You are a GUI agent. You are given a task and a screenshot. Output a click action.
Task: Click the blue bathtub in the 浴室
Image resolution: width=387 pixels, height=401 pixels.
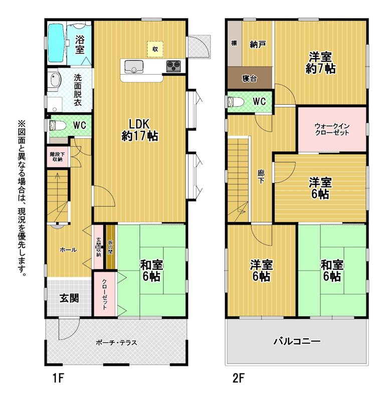(56, 43)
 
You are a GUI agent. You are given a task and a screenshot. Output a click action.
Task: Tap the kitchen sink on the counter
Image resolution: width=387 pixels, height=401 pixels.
(134, 67)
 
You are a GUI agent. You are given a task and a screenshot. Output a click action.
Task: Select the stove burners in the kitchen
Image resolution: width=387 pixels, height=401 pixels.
(173, 66)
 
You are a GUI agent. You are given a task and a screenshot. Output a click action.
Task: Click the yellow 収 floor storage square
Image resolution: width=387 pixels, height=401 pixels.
(155, 49)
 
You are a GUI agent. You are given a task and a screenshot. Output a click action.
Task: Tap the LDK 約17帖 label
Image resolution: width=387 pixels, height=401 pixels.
(139, 130)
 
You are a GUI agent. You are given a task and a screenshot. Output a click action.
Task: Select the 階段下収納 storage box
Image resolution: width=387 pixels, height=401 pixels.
(58, 156)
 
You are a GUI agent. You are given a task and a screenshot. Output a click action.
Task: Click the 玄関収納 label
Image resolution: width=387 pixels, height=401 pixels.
(98, 247)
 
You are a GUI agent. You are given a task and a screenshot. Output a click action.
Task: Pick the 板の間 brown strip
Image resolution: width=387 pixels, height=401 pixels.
(111, 247)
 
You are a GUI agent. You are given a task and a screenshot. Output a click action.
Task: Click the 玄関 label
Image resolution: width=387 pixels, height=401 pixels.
(69, 298)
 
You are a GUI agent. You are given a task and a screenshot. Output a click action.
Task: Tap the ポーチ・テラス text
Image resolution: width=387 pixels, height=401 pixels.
(116, 342)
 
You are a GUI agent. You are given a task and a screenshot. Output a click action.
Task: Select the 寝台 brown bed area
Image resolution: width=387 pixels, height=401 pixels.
(250, 78)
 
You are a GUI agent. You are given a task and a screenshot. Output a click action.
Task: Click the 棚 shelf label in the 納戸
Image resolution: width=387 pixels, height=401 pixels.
(234, 43)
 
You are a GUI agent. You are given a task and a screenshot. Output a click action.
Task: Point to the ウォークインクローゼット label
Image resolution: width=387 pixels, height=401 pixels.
(332, 129)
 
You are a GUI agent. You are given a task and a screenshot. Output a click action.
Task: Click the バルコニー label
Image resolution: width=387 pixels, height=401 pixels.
(297, 341)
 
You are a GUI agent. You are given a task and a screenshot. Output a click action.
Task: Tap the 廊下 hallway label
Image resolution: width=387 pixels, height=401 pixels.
(261, 177)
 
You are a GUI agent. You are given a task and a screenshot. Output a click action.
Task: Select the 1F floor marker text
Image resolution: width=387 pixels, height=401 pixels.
(58, 378)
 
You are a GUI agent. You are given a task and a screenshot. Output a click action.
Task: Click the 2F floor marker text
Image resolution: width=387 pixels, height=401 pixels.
(239, 378)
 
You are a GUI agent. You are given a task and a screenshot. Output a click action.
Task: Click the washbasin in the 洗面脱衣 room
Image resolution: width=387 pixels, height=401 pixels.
(55, 80)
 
